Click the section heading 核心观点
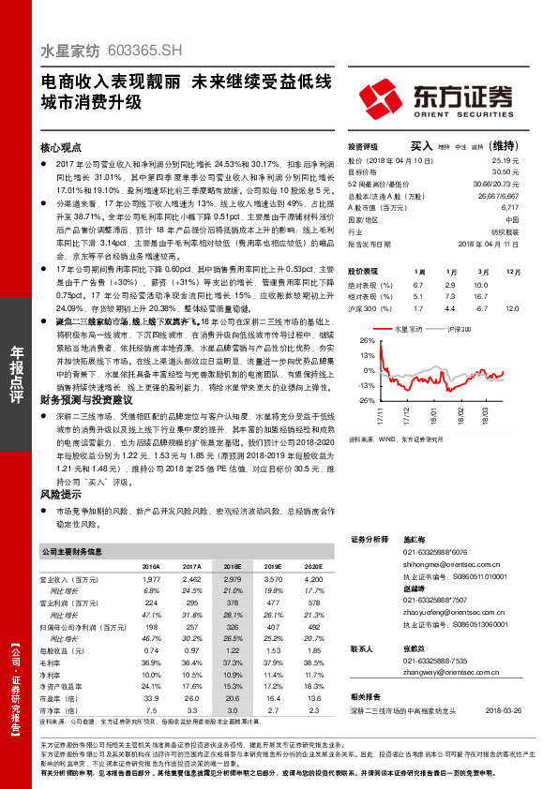coord(62,148)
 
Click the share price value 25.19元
coord(507,160)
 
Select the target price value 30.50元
coord(507,171)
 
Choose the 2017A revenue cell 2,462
coord(191,581)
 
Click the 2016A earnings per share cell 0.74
coord(151,649)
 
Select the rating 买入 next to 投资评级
coord(421,146)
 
